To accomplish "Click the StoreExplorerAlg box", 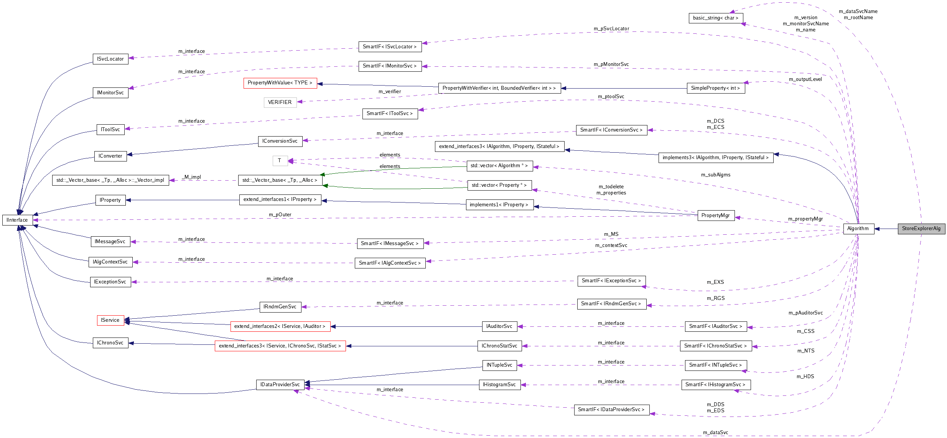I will [921, 229].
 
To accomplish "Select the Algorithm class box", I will [858, 229].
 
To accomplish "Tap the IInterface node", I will [17, 220].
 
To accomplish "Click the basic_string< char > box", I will [715, 18].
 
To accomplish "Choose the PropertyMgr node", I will [715, 216].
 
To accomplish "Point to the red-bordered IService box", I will [110, 320].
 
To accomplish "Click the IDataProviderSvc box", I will [280, 385].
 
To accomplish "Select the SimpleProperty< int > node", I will [715, 88].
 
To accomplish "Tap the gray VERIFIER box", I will [280, 102].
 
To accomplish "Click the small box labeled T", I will [280, 161].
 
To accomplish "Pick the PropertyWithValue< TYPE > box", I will [280, 83].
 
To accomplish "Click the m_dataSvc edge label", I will [715, 433].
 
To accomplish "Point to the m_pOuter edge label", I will [280, 215].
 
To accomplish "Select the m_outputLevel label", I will [805, 79].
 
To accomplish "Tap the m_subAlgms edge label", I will [715, 175].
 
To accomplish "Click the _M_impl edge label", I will [192, 177].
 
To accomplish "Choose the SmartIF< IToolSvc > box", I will [390, 114].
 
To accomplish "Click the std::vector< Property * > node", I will [499, 185].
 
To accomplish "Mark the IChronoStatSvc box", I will [499, 346].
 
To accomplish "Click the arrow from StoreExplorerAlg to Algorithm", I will [886, 229].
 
